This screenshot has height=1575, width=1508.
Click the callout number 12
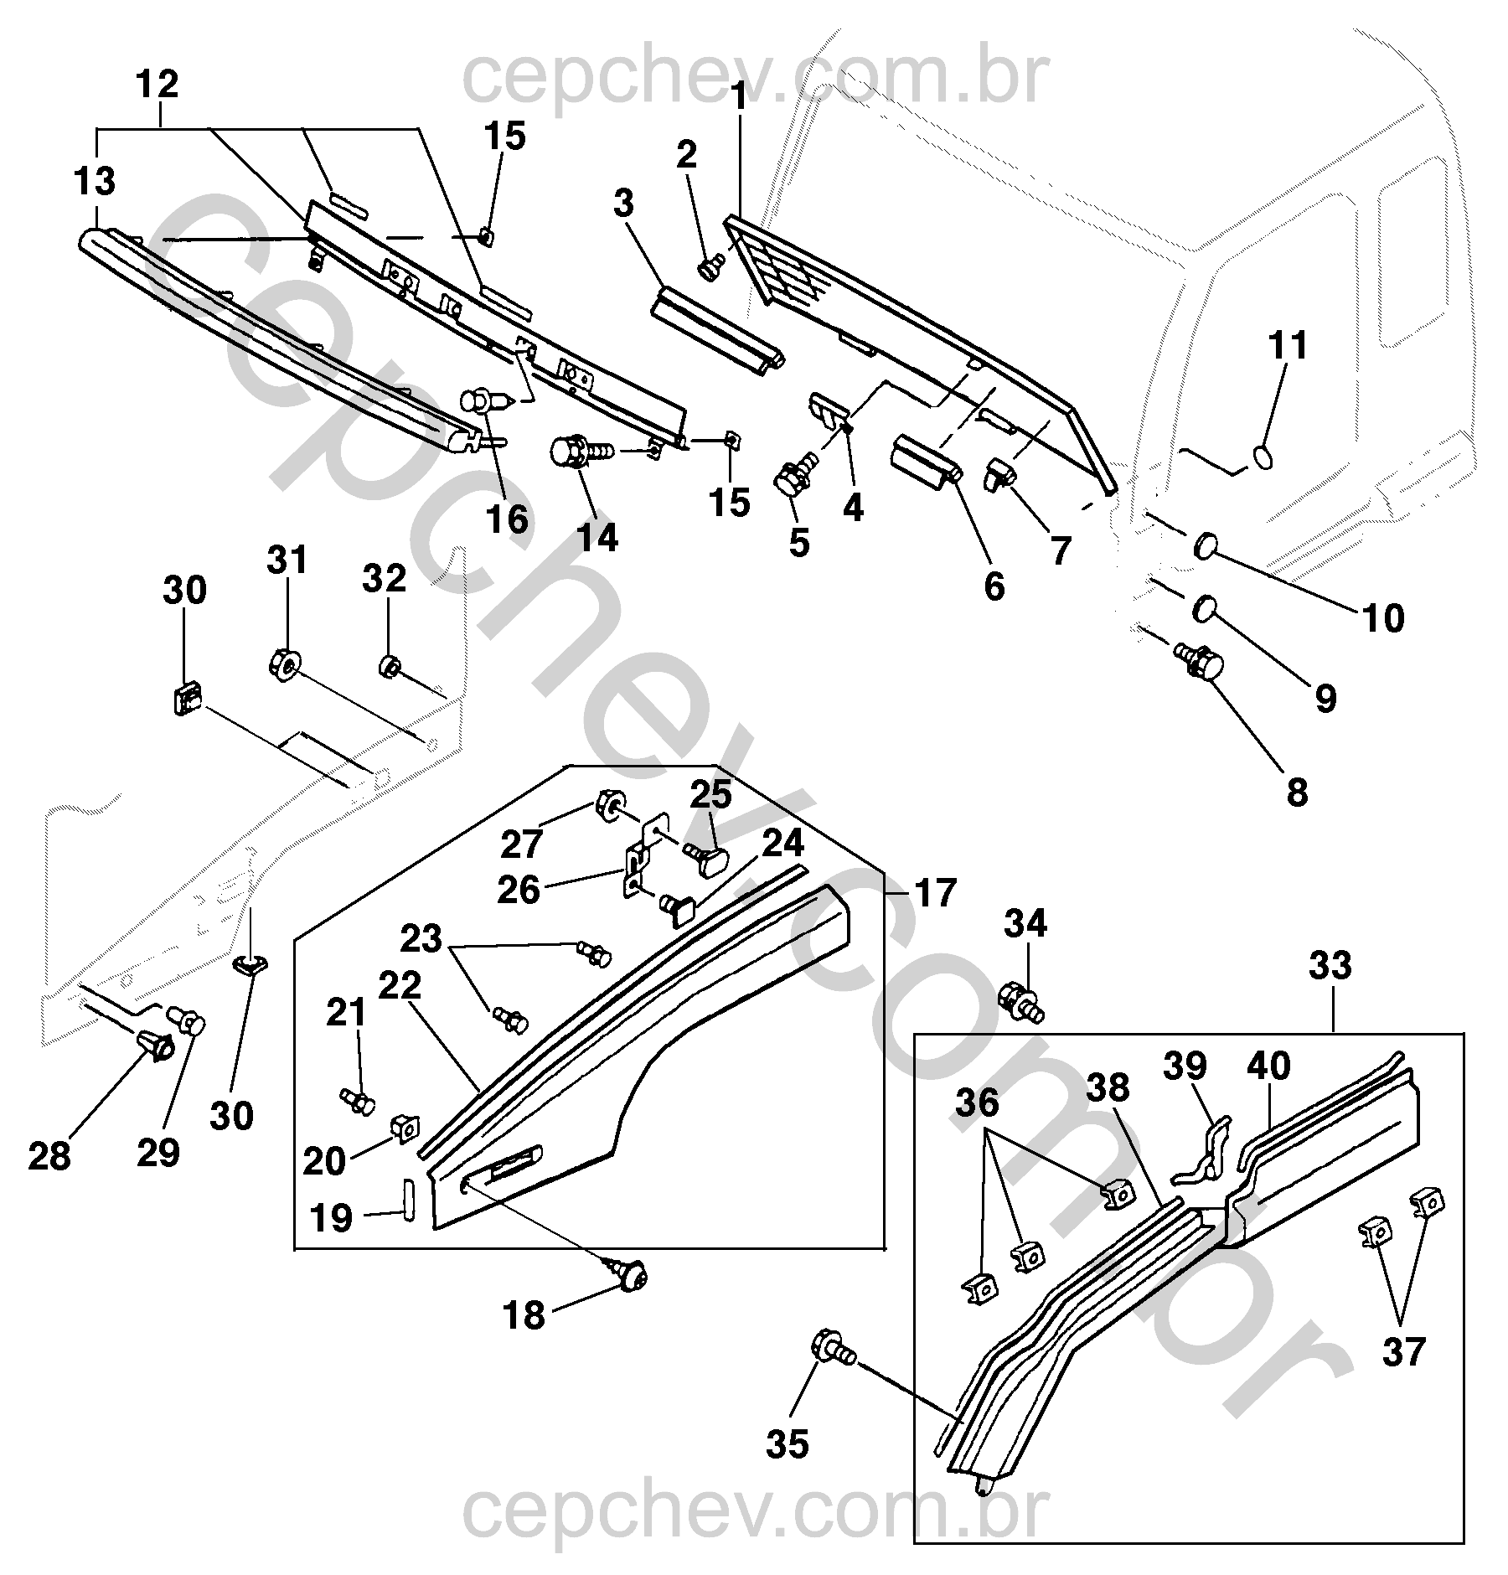(158, 85)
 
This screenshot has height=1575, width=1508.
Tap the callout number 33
(1330, 966)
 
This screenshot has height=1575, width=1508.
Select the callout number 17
(935, 894)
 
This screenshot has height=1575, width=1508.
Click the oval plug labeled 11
(1263, 457)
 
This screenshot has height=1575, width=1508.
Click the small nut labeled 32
(390, 667)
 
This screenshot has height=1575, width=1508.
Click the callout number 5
(799, 543)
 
